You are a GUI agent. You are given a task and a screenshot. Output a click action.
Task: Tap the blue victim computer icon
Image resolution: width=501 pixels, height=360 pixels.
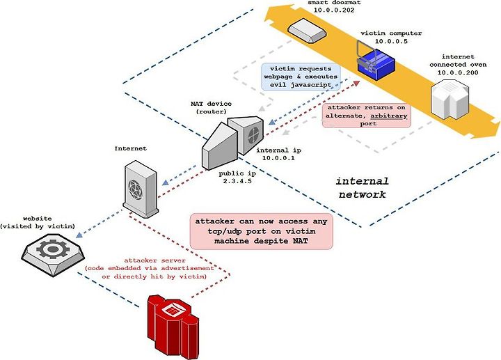coord(376,63)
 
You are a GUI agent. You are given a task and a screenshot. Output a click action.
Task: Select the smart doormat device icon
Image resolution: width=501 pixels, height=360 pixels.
coord(307,31)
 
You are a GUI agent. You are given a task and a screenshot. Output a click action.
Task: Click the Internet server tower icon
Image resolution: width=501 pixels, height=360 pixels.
coord(141,189)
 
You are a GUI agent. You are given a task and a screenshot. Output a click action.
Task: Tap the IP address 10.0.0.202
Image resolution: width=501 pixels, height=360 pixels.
coord(333,10)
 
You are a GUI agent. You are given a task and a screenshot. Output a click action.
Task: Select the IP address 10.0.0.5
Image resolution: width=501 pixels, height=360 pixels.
coord(391,41)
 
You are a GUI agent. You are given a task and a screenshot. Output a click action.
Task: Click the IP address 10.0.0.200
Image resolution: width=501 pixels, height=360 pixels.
coord(458,72)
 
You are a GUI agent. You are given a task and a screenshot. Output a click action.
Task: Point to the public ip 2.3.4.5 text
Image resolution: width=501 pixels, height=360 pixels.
coord(237,177)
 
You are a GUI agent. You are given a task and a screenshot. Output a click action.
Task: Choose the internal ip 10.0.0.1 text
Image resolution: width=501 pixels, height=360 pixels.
coord(278,154)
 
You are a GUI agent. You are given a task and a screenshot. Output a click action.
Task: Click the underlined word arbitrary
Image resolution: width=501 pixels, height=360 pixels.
coord(388,116)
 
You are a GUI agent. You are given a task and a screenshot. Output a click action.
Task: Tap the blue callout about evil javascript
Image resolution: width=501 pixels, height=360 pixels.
coord(301,77)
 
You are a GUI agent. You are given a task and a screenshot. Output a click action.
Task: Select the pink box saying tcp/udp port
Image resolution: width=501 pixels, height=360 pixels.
coord(262,231)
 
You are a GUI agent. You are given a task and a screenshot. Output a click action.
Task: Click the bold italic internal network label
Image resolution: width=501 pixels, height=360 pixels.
coord(363,188)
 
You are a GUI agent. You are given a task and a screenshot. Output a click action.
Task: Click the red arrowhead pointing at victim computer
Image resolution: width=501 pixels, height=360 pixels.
coord(356,84)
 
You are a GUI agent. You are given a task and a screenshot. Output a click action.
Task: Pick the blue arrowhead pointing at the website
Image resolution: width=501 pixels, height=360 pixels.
coord(79,235)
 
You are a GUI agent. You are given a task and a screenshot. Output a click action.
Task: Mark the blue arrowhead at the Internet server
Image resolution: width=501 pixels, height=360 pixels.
coord(166,182)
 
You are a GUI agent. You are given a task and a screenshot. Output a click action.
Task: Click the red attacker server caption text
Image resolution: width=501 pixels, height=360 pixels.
coord(150,268)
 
